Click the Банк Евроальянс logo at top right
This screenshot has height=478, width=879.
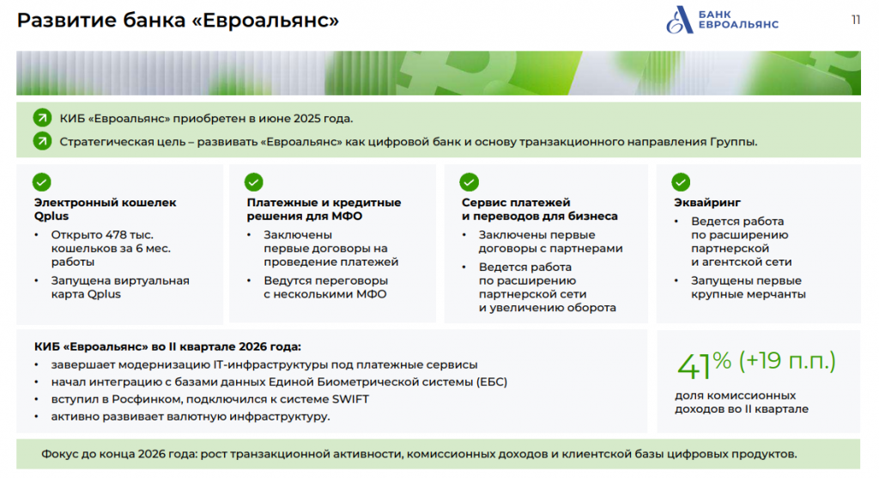(x=721, y=21)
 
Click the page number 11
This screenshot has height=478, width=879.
(x=856, y=21)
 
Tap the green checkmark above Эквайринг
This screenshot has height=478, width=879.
(x=681, y=182)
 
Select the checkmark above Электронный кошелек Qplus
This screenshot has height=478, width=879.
(x=41, y=182)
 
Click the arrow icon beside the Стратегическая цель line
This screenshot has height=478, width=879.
(x=42, y=141)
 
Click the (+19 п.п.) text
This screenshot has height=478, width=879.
(x=787, y=361)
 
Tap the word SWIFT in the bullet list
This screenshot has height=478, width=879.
(x=350, y=400)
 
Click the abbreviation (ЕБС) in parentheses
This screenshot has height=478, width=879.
(x=492, y=382)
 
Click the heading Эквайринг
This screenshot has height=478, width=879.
(x=707, y=203)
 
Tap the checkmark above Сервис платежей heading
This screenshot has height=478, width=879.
(x=469, y=182)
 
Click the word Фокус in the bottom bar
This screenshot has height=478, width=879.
(x=59, y=454)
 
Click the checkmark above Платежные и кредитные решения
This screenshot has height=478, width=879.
(x=253, y=182)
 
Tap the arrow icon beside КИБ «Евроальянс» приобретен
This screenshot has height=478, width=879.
(x=42, y=118)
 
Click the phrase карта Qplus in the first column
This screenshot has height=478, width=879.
(x=86, y=294)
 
